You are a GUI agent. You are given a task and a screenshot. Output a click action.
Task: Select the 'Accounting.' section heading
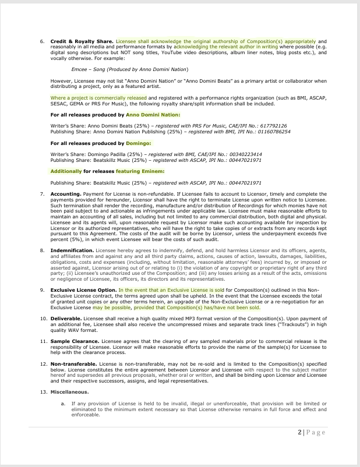pos(65,193)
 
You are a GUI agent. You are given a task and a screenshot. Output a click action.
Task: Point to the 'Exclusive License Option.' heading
pos(83,289)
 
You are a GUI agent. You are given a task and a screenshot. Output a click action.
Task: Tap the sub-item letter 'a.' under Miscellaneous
pos(63,403)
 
